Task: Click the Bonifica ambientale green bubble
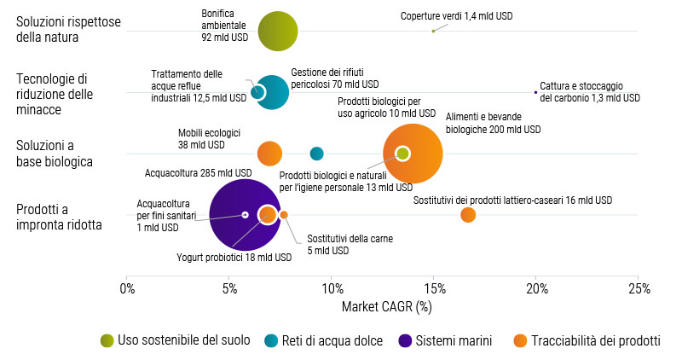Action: (x=277, y=32)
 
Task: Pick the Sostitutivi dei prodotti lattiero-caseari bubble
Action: (x=468, y=214)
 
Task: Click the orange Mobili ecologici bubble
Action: (x=269, y=154)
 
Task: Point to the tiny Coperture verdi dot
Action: (x=433, y=31)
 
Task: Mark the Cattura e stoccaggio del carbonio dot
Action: (x=535, y=92)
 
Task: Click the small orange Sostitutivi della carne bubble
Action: (x=284, y=215)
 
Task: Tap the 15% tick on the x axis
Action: (x=434, y=288)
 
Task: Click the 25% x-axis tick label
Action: (x=639, y=288)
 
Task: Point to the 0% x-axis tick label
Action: (x=127, y=288)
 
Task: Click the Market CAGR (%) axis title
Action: (x=386, y=305)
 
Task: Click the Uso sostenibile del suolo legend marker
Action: (x=107, y=340)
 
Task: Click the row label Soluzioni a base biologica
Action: (x=55, y=154)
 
